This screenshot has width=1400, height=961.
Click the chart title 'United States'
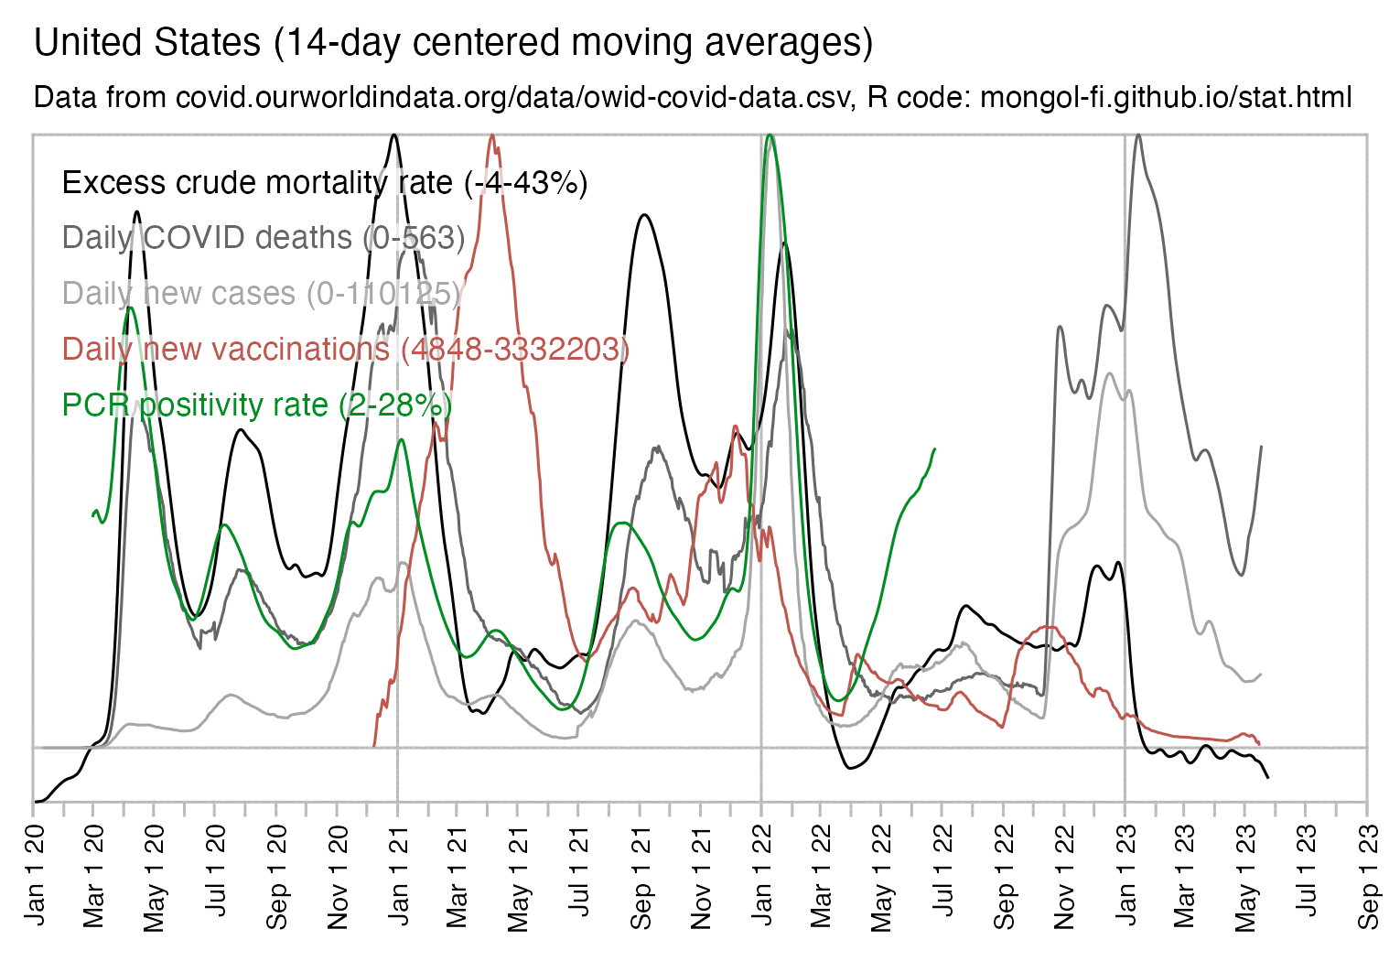pyautogui.click(x=146, y=43)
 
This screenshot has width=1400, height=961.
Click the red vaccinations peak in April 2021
pyautogui.click(x=492, y=136)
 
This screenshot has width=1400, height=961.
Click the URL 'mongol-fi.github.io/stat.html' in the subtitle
pyautogui.click(x=1166, y=97)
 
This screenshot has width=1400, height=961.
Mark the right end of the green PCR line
pyautogui.click(x=934, y=448)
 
